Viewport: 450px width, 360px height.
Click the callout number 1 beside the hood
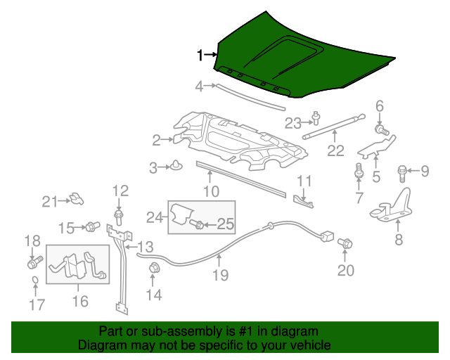coord(200,54)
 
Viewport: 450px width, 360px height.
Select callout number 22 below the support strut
coord(336,150)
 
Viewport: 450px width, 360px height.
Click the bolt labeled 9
coord(404,170)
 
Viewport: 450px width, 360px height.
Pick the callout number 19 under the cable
coord(221,276)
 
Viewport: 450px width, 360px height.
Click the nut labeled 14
coord(153,267)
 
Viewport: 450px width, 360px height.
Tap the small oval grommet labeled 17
coord(34,284)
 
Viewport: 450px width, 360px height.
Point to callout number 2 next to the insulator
coord(157,141)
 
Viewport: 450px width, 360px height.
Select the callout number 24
coord(154,219)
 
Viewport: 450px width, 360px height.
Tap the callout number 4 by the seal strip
coord(200,86)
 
